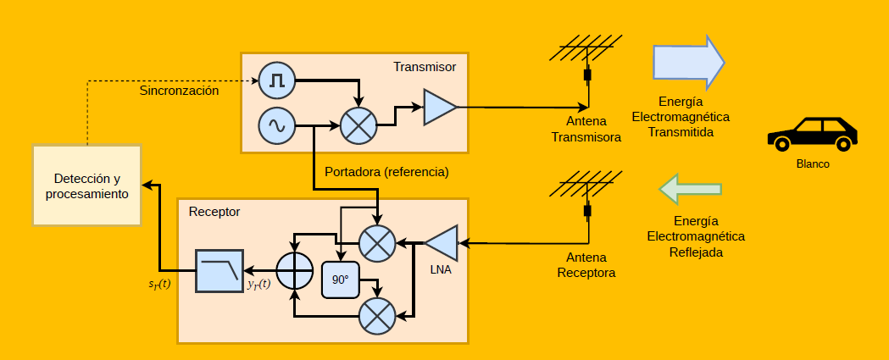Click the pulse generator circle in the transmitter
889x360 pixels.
pos(277,80)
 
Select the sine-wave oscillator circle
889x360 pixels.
pos(277,126)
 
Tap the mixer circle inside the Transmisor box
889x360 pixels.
pos(358,126)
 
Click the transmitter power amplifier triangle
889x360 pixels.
pos(438,107)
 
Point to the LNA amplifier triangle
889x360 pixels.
pos(442,243)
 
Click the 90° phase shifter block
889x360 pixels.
pos(341,280)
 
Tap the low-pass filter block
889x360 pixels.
pos(219,270)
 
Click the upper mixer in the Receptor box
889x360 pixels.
pos(376,243)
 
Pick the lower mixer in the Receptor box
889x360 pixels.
pos(376,317)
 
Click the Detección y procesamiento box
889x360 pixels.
pos(87,185)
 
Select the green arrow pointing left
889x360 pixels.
pos(691,189)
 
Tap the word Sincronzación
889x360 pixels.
pos(180,90)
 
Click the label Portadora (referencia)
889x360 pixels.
pos(386,172)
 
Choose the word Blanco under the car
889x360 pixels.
pos(813,164)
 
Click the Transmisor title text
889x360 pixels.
pos(425,66)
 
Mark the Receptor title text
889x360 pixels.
pos(214,211)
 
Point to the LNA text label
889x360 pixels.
pos(441,270)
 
